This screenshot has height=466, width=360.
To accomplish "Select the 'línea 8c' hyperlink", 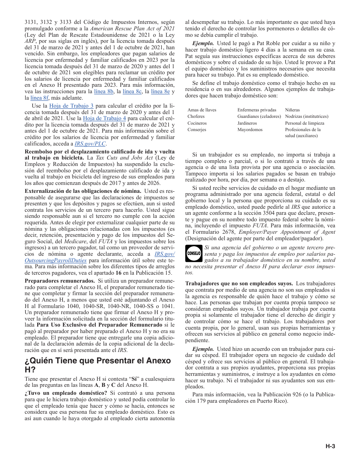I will click(132, 92).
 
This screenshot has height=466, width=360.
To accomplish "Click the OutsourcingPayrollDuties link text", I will click(56, 261).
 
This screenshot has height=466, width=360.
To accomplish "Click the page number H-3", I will click(330, 447).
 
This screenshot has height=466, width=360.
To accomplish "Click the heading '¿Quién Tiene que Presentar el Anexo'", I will click(98, 360).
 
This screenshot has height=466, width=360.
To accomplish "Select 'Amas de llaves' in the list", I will click(202, 110).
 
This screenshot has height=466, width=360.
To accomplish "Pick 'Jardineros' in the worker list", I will click(247, 123).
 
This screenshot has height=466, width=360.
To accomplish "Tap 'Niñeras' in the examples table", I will click(292, 110).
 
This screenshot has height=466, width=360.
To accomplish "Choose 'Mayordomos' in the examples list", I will click(250, 130).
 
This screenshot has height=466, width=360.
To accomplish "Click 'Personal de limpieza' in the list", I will click(305, 123).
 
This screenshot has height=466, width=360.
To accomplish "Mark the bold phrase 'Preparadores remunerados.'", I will click(60, 281).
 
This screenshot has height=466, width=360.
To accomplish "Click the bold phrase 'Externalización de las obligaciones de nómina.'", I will click(83, 191).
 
